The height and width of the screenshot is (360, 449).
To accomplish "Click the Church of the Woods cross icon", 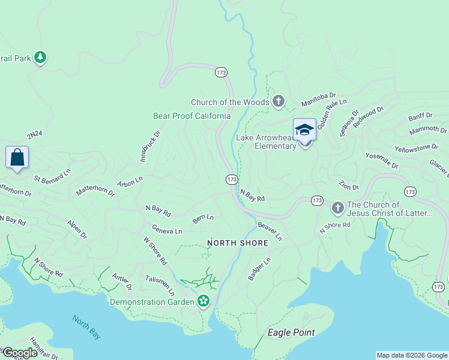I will pyautogui.click(x=278, y=102).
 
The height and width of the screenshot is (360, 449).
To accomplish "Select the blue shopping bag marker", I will pyautogui.click(x=17, y=158).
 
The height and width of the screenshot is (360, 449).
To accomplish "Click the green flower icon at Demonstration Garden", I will pyautogui.click(x=204, y=301).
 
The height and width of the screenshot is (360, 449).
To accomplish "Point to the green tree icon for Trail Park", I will pyautogui.click(x=40, y=58).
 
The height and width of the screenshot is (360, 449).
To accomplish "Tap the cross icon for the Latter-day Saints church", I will pyautogui.click(x=337, y=208).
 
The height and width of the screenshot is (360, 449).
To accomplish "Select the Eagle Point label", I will pyautogui.click(x=291, y=332).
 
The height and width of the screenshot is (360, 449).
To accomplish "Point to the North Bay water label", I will pyautogui.click(x=86, y=328).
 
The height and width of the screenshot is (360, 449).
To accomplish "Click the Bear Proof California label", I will pyautogui.click(x=191, y=116).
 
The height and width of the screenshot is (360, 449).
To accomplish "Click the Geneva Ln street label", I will pyautogui.click(x=167, y=230).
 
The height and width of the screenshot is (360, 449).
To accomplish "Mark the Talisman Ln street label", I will pyautogui.click(x=160, y=286).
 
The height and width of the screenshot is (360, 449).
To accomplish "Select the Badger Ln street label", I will pyautogui.click(x=259, y=269).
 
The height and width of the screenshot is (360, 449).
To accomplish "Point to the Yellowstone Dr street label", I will pyautogui.click(x=416, y=148).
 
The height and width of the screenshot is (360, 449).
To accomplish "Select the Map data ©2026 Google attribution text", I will pyautogui.click(x=412, y=355).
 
